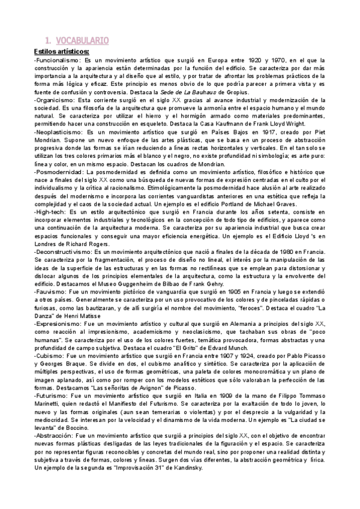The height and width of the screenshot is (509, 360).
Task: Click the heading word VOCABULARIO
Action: point(82,41)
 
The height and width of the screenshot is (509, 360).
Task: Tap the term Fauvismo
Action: point(50,290)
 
